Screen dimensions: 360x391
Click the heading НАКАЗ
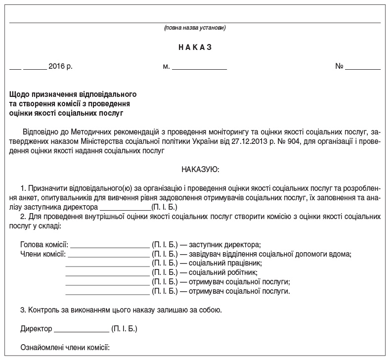(195, 47)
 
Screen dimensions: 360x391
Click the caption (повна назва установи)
(195, 28)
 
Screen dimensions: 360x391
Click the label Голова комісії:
(44, 244)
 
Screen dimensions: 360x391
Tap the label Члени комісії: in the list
(43, 254)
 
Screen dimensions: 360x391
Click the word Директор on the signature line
(36, 328)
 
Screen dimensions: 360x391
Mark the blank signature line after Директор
(81, 329)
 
